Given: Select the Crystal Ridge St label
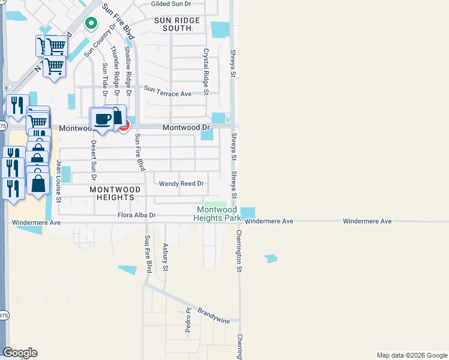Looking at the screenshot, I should tap(205, 71).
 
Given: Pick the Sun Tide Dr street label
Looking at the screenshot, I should tap(104, 79).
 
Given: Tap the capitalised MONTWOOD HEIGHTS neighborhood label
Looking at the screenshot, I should tap(115, 193).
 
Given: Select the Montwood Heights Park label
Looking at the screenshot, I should tap(217, 214).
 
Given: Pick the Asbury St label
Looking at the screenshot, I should tap(165, 256).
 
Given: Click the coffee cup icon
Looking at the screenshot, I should tap(101, 119).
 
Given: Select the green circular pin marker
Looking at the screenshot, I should tap(91, 23).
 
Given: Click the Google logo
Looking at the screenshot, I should tap(20, 353).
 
